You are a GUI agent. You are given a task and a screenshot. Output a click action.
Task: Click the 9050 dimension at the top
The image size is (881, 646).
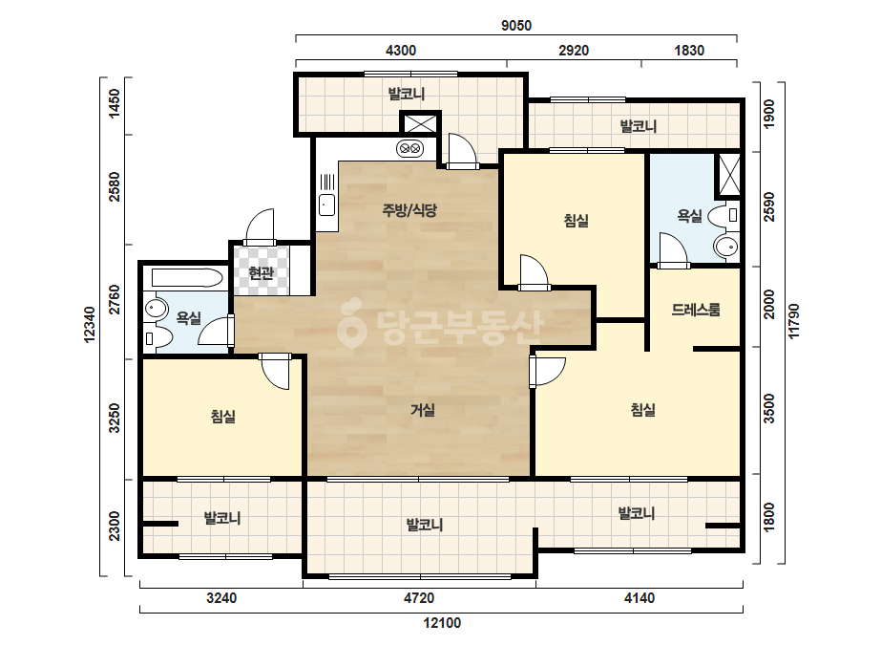515,25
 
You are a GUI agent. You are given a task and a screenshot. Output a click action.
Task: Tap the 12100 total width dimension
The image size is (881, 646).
442,623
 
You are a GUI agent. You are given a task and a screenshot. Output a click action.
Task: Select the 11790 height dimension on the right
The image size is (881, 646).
793,321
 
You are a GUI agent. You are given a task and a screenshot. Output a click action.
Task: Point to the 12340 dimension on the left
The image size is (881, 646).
90,325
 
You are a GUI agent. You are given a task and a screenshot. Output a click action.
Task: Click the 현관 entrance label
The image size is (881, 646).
261,273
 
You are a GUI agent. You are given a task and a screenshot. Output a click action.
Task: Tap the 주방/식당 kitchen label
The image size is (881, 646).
409,210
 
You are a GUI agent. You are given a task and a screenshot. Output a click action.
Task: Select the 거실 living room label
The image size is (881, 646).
423,410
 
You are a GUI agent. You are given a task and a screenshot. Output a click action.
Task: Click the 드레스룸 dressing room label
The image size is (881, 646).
696,310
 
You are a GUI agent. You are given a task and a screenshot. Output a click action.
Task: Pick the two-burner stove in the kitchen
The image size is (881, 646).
410,148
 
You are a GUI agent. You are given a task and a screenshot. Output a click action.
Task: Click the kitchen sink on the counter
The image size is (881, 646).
326,205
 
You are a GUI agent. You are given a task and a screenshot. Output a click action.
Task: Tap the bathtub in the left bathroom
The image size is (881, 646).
187,278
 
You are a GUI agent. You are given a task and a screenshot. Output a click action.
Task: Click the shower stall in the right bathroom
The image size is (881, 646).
729,174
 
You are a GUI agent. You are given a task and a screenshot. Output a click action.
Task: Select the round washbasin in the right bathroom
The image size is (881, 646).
726,247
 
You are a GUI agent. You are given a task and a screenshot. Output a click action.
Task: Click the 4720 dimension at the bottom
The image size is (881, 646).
419,598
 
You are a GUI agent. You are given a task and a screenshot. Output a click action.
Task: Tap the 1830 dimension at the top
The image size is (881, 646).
689,51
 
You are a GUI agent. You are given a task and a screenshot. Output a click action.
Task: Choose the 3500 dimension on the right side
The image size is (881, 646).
768,409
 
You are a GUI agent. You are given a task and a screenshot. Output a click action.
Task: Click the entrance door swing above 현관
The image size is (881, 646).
261,226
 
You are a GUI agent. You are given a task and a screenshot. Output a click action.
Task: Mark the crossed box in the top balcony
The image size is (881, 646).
421,124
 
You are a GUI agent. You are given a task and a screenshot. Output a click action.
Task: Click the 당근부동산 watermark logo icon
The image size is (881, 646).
351,323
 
